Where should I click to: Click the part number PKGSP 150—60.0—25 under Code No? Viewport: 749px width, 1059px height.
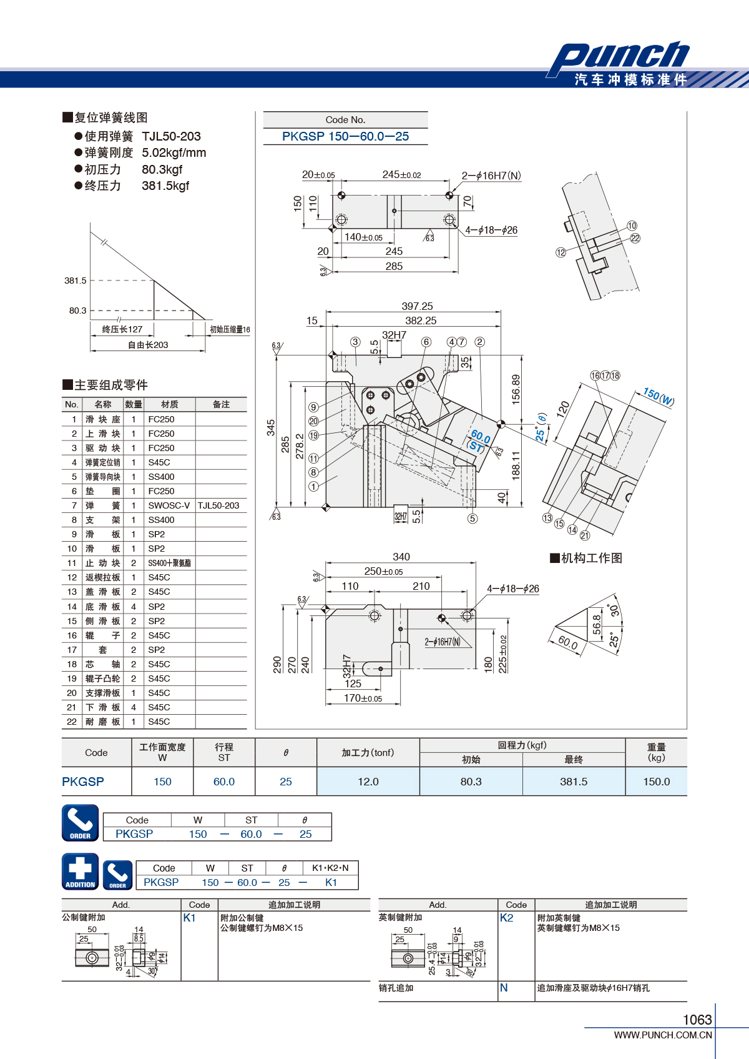point(345,137)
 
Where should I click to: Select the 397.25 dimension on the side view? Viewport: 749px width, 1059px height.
point(417,306)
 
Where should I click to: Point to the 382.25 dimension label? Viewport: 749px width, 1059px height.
point(421,321)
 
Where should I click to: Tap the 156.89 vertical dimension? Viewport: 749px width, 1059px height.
point(516,389)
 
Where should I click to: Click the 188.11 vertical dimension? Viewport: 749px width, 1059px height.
point(516,465)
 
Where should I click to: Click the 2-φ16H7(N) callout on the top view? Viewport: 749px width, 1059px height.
point(491,176)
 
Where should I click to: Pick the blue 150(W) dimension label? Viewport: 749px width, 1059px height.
point(658,397)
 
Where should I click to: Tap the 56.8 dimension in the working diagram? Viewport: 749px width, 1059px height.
point(597,625)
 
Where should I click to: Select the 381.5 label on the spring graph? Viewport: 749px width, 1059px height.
point(76,281)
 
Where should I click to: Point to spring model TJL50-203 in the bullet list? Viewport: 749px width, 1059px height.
point(172,137)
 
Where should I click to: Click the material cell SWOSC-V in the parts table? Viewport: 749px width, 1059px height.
point(169,505)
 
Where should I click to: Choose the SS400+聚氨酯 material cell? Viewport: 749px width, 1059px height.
point(170,563)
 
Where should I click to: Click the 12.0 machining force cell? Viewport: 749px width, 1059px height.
point(368,782)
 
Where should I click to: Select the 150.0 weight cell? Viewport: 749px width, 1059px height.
point(657,782)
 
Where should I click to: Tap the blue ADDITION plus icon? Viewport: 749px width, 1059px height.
point(81,872)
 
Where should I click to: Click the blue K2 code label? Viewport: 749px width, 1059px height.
point(506,918)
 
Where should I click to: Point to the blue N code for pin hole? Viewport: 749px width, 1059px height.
point(504,988)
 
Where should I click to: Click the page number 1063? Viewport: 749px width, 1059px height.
point(697,1020)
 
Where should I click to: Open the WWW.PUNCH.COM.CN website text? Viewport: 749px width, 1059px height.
point(663,1035)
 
